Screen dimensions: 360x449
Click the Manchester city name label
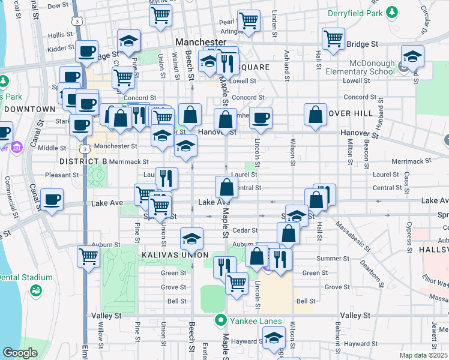tap(200, 43)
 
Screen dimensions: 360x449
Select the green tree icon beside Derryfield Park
tap(393, 11)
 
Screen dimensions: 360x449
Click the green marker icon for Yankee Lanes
tap(221, 320)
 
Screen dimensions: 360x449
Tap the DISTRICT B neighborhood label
tap(83, 162)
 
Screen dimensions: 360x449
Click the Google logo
tap(20, 353)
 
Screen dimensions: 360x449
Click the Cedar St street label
tap(245, 230)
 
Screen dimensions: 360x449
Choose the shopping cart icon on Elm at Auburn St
tap(88, 256)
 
